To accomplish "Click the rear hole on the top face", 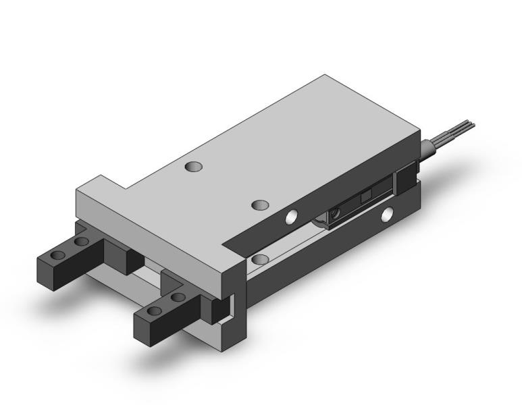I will [x=194, y=166].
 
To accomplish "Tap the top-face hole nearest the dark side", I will [x=260, y=205].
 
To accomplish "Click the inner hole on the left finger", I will [x=82, y=242].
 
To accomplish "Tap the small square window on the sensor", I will [x=365, y=196].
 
